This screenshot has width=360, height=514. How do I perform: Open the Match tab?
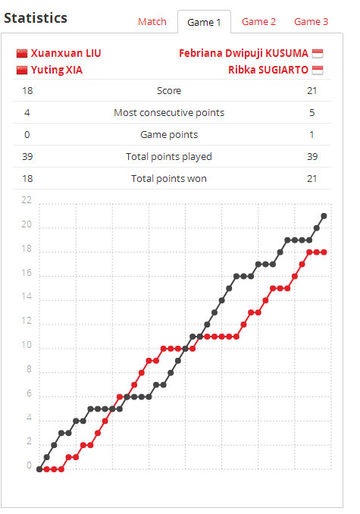pyautogui.click(x=152, y=22)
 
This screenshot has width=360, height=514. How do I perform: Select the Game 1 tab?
pyautogui.click(x=204, y=22)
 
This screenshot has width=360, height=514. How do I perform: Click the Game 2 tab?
pyautogui.click(x=258, y=22)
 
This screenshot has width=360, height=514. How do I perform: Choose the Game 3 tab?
pyautogui.click(x=311, y=22)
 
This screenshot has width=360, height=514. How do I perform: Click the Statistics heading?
pyautogui.click(x=36, y=18)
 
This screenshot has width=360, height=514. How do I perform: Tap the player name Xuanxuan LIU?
pyautogui.click(x=66, y=53)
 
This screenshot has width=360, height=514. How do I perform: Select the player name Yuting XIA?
pyautogui.click(x=57, y=70)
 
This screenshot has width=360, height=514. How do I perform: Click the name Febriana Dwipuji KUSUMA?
pyautogui.click(x=243, y=53)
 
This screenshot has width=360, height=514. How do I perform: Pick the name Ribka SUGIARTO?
pyautogui.click(x=268, y=70)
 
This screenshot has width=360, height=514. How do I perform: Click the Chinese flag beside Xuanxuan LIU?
pyautogui.click(x=22, y=53)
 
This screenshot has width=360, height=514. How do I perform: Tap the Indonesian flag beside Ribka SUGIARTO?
pyautogui.click(x=318, y=71)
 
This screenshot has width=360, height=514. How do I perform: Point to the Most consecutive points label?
pyautogui.click(x=169, y=113)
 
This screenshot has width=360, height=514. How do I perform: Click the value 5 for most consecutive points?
pyautogui.click(x=311, y=113)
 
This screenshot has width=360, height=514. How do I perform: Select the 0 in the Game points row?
pyautogui.click(x=27, y=135)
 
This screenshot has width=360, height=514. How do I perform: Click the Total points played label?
pyautogui.click(x=169, y=157)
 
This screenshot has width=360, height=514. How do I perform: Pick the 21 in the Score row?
pyautogui.click(x=311, y=91)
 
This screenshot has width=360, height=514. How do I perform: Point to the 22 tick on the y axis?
pyautogui.click(x=27, y=200)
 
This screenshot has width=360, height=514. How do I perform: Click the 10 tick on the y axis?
pyautogui.click(x=27, y=345)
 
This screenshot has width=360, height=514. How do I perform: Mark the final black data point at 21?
pyautogui.click(x=324, y=216)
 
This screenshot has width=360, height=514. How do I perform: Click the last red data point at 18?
pyautogui.click(x=324, y=252)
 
